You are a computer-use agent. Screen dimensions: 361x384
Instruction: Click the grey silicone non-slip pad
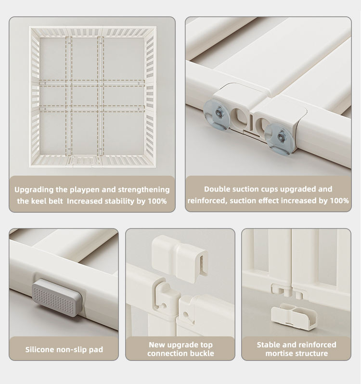57,297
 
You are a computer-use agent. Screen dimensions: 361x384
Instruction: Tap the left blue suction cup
217,115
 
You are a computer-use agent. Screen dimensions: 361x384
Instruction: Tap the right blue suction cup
279,139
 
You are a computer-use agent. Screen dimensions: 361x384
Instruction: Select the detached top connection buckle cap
180,258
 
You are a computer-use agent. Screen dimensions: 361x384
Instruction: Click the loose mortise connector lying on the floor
294,316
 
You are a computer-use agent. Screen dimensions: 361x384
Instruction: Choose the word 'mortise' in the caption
280,353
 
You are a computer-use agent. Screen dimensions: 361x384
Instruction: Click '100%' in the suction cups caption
339,201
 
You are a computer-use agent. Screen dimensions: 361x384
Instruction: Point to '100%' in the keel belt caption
157,201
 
